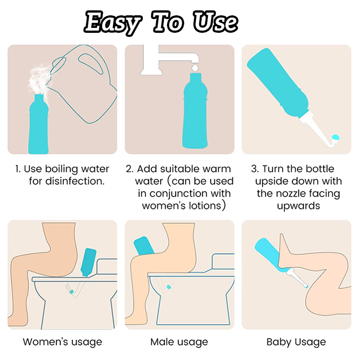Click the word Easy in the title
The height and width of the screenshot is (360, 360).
pos(112,23)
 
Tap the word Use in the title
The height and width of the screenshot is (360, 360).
pos(215,22)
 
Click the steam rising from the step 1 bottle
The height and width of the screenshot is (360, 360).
pos(38,79)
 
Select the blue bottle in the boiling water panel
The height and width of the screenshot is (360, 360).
pos(38,124)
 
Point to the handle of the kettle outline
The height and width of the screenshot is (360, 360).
pos(91,63)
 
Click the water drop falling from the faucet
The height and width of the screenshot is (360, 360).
pos(195,67)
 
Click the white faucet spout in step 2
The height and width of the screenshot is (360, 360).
pos(170,59)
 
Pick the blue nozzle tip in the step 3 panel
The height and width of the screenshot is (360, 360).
pos(335,137)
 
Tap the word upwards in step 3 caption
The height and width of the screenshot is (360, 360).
pos(298,206)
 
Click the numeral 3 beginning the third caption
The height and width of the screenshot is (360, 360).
pos(254,169)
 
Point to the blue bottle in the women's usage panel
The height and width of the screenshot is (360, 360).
pos(88,262)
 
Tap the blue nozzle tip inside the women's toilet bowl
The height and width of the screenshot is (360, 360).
pos(72,292)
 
